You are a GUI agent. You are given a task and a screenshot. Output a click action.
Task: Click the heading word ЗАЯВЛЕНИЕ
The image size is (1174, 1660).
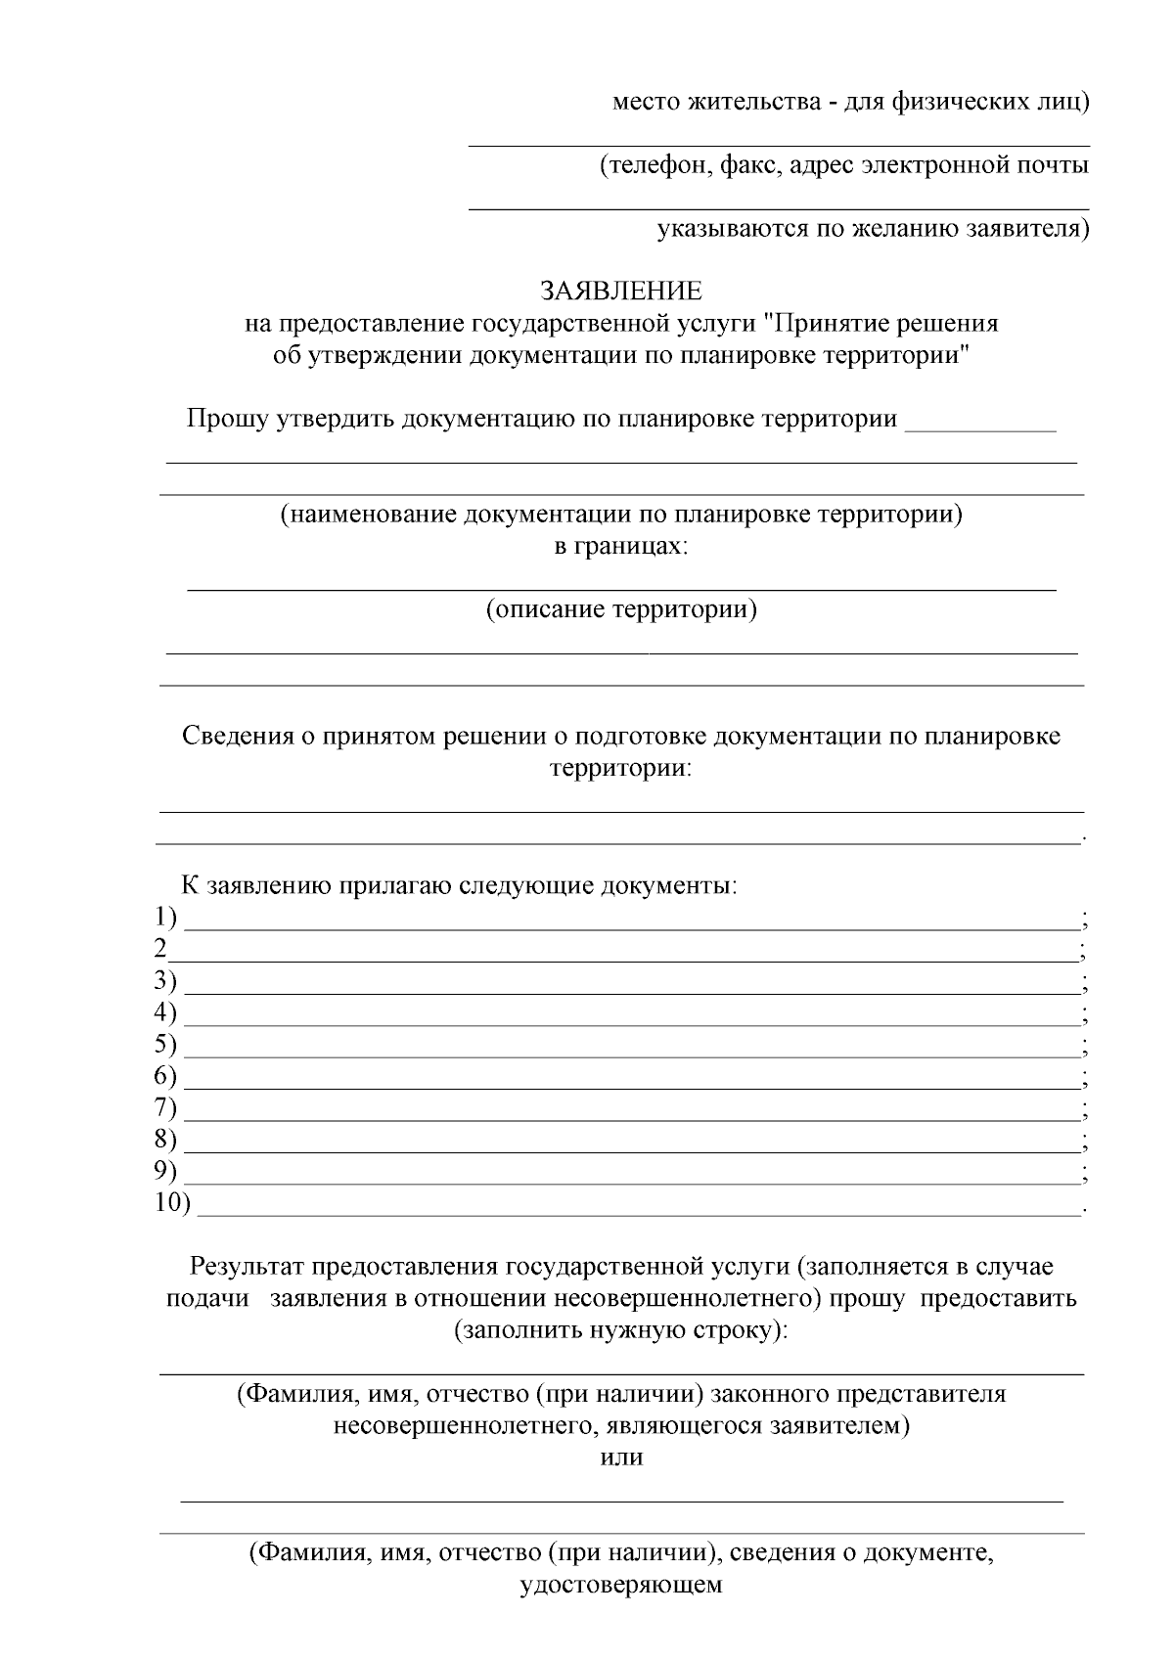click(x=621, y=292)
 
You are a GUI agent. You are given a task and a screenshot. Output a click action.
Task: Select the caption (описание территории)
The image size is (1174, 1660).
click(x=621, y=610)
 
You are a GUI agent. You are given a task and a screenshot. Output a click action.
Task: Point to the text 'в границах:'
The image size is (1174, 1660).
click(x=621, y=547)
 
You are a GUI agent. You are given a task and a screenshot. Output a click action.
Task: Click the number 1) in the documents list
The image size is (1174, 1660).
click(x=166, y=918)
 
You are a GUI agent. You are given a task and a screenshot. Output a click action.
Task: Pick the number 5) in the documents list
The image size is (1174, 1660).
click(x=166, y=1045)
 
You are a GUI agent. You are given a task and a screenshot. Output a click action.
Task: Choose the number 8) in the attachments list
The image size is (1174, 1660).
click(x=166, y=1140)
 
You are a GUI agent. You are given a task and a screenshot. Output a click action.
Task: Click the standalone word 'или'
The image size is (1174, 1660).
click(x=621, y=1457)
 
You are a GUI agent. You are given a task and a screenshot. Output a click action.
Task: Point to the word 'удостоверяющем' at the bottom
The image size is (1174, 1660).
click(x=621, y=1584)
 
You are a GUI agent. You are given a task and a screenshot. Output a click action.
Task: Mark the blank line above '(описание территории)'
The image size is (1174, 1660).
click(x=621, y=589)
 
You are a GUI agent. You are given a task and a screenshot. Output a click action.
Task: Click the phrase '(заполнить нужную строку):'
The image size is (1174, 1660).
click(x=621, y=1330)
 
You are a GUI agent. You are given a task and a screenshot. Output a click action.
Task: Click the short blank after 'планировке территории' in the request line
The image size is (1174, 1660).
click(x=981, y=428)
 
